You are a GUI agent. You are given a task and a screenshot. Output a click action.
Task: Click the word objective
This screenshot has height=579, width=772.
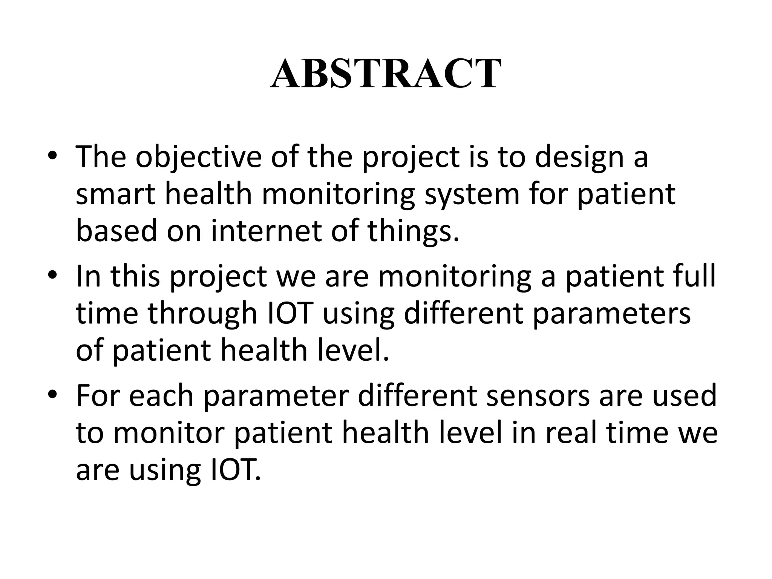198,157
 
